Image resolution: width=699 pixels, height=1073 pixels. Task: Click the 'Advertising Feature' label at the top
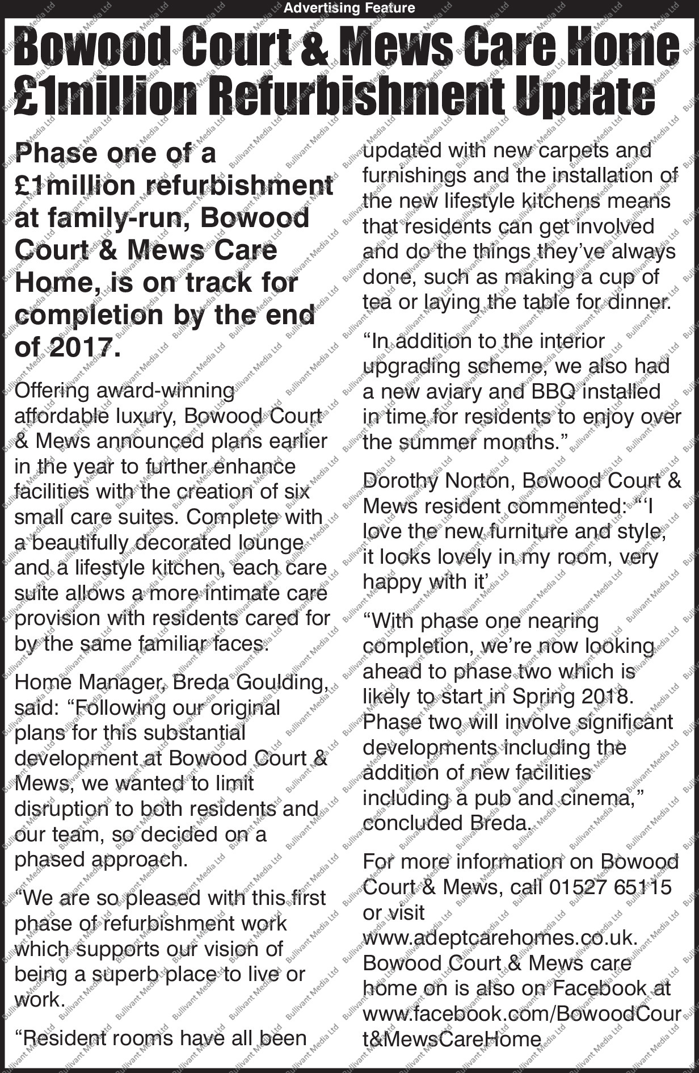[349, 8]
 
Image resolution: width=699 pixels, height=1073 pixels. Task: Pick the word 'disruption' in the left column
[61, 809]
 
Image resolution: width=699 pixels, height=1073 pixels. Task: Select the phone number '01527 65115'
[610, 887]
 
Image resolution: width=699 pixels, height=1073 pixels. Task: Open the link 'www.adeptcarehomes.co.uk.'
[500, 937]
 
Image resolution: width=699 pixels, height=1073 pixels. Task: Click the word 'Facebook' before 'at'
[600, 988]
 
